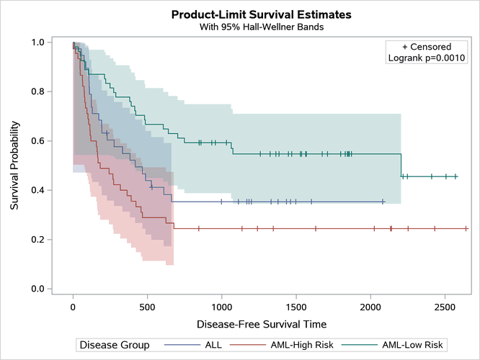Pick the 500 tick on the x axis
coord(147,307)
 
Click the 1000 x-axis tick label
coord(221,307)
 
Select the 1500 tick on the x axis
coord(295,307)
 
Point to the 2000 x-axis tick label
coord(370,307)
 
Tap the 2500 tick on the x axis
coord(444,307)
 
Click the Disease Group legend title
coord(115,345)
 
